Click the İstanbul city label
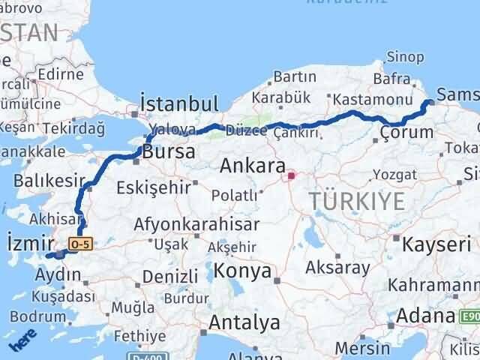[x=179, y=103]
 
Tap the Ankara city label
[x=253, y=166]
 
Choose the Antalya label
[x=245, y=323]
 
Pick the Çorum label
[x=406, y=133]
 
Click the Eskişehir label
[x=153, y=187]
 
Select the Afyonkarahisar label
[x=196, y=223]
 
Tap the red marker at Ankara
[x=291, y=176]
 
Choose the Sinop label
[x=405, y=57]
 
